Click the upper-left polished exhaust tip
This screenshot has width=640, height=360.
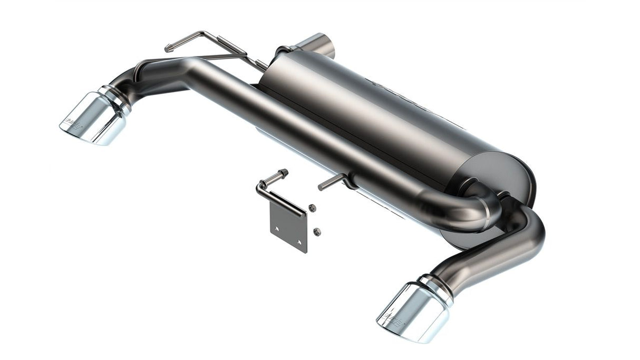pos(92,119)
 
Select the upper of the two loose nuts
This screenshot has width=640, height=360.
pos(312,208)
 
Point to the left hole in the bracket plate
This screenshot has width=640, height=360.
pos(275,228)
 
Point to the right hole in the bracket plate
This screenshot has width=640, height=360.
pos(300,242)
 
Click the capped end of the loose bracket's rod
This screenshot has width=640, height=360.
pos(285,172)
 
